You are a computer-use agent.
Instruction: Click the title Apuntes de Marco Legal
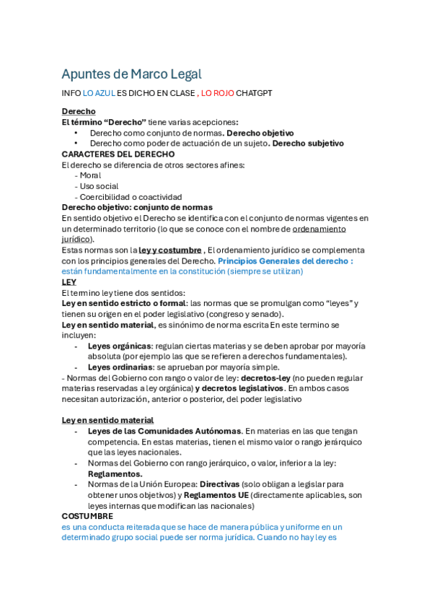[131, 74]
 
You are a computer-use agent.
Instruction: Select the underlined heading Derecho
[79, 112]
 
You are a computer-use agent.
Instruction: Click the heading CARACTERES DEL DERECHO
[118, 154]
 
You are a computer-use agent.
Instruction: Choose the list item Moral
[90, 175]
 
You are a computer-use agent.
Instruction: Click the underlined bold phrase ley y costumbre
[169, 250]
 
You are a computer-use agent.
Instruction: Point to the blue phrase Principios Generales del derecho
[283, 261]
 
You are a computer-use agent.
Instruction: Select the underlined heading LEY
[69, 282]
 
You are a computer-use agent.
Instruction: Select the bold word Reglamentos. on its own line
[115, 473]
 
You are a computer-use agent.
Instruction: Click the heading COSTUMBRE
[87, 516]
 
